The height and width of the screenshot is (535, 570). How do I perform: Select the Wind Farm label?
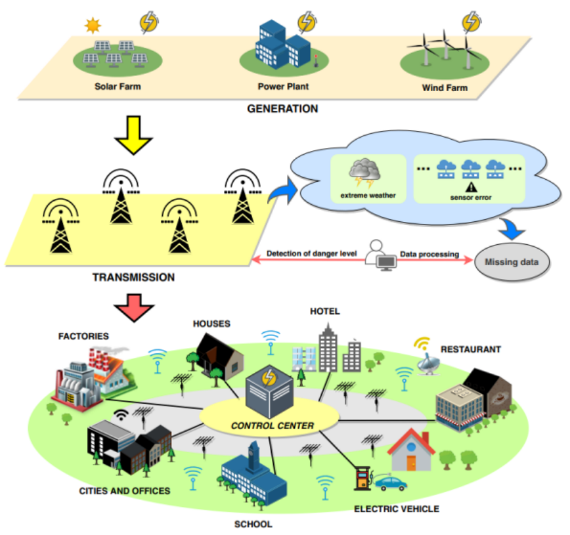(x=444, y=87)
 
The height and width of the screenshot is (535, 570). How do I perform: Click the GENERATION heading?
(x=282, y=108)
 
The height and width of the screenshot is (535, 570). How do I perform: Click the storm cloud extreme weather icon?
(x=364, y=170)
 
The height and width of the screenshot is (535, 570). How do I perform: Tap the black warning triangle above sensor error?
(x=470, y=187)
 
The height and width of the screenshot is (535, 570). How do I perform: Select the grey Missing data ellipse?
(x=511, y=261)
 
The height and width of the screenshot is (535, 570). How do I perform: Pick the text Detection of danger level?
(x=311, y=254)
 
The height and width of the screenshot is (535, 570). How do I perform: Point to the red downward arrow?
(x=134, y=306)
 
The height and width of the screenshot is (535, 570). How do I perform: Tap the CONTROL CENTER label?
(x=273, y=425)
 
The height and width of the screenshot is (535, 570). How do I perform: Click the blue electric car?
(x=391, y=482)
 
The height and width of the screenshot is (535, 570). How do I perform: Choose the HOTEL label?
(x=325, y=311)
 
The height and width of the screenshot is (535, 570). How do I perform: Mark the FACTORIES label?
(x=84, y=335)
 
